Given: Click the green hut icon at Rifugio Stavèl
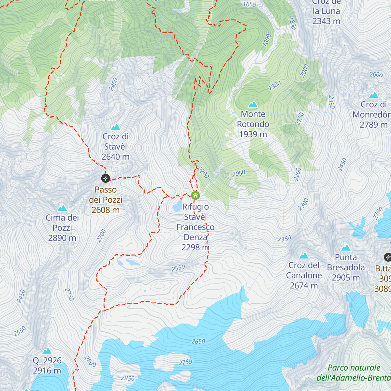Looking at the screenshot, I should pyautogui.click(x=195, y=195).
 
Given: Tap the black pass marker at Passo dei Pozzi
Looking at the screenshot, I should pyautogui.click(x=106, y=178).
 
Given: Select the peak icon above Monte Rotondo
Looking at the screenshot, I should pyautogui.click(x=253, y=105).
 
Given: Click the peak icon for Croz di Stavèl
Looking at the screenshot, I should pyautogui.click(x=115, y=127).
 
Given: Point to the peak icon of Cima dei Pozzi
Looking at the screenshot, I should pyautogui.click(x=62, y=208).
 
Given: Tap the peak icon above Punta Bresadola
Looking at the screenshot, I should pyautogui.click(x=346, y=248).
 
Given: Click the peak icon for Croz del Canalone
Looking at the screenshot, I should pyautogui.click(x=304, y=256).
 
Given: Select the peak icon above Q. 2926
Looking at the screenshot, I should pyautogui.click(x=47, y=351).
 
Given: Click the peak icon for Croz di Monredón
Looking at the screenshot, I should pyautogui.click(x=373, y=95).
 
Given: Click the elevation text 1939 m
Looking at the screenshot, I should pyautogui.click(x=253, y=134).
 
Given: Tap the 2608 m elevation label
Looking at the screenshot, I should pyautogui.click(x=106, y=210).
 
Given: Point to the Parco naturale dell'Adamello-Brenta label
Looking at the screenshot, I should pyautogui.click(x=354, y=373).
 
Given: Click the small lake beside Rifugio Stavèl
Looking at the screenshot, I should pyautogui.click(x=177, y=206).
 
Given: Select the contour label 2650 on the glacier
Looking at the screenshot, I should pyautogui.click(x=198, y=341).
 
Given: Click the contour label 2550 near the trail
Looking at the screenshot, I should pyautogui.click(x=178, y=268).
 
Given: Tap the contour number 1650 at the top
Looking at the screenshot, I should pyautogui.click(x=250, y=4).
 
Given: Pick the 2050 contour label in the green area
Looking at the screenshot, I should pyautogui.click(x=239, y=173).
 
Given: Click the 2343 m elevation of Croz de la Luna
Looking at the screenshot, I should pyautogui.click(x=326, y=21).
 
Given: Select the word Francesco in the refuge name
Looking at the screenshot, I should pyautogui.click(x=195, y=227).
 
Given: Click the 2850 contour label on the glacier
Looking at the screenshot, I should pyautogui.click(x=128, y=378).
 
